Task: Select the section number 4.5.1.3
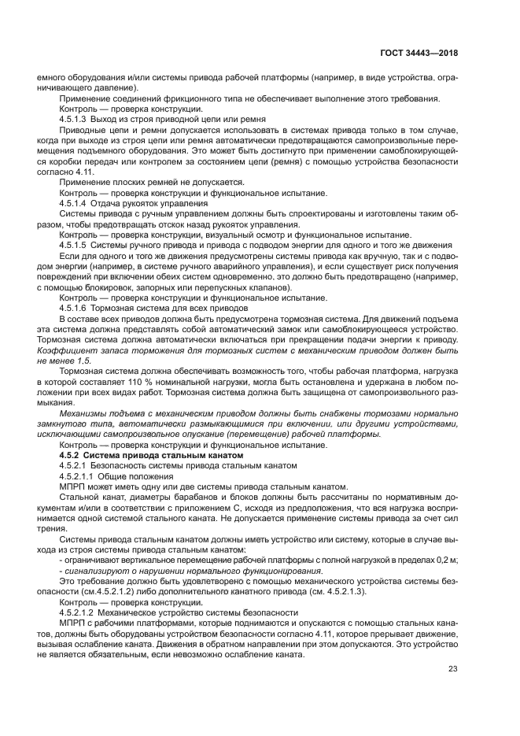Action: coord(75,119)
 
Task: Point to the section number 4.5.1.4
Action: coord(75,203)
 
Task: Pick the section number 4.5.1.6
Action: coord(75,308)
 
